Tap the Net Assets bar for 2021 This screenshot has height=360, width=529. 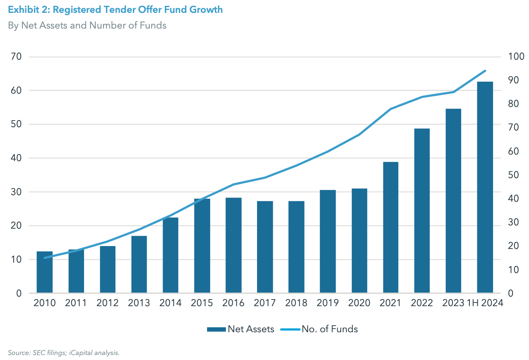(x=391, y=227)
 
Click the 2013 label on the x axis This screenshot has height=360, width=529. (x=139, y=303)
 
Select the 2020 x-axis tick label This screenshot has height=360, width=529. (x=359, y=303)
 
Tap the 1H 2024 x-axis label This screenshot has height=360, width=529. (x=485, y=303)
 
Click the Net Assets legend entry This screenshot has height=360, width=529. (x=240, y=329)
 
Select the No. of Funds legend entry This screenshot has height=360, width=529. (x=319, y=329)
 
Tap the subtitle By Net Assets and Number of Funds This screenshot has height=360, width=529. (x=87, y=25)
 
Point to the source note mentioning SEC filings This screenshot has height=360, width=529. (x=64, y=353)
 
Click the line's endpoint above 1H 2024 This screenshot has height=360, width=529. (x=485, y=71)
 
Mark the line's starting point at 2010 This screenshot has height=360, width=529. (x=45, y=258)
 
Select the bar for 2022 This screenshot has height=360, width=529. (x=422, y=211)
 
